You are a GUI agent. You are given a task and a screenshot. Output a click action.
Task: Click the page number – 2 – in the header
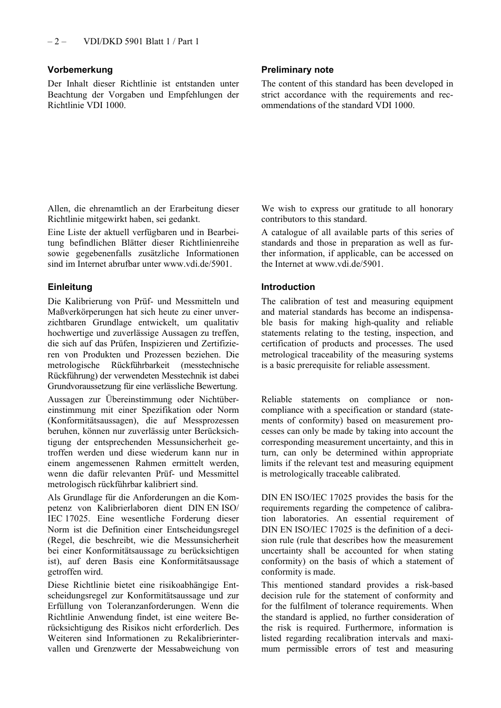(56, 42)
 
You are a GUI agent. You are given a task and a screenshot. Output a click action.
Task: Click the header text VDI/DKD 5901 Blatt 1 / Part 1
(141, 42)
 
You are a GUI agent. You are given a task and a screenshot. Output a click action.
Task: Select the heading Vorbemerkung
(80, 70)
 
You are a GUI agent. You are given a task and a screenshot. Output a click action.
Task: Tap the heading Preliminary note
(297, 70)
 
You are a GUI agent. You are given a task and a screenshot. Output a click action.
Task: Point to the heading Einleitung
(70, 287)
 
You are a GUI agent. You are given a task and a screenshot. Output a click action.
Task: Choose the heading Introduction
(288, 287)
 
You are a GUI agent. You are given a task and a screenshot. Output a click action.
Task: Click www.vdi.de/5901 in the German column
(197, 264)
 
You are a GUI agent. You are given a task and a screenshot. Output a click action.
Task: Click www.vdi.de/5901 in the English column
(348, 264)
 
